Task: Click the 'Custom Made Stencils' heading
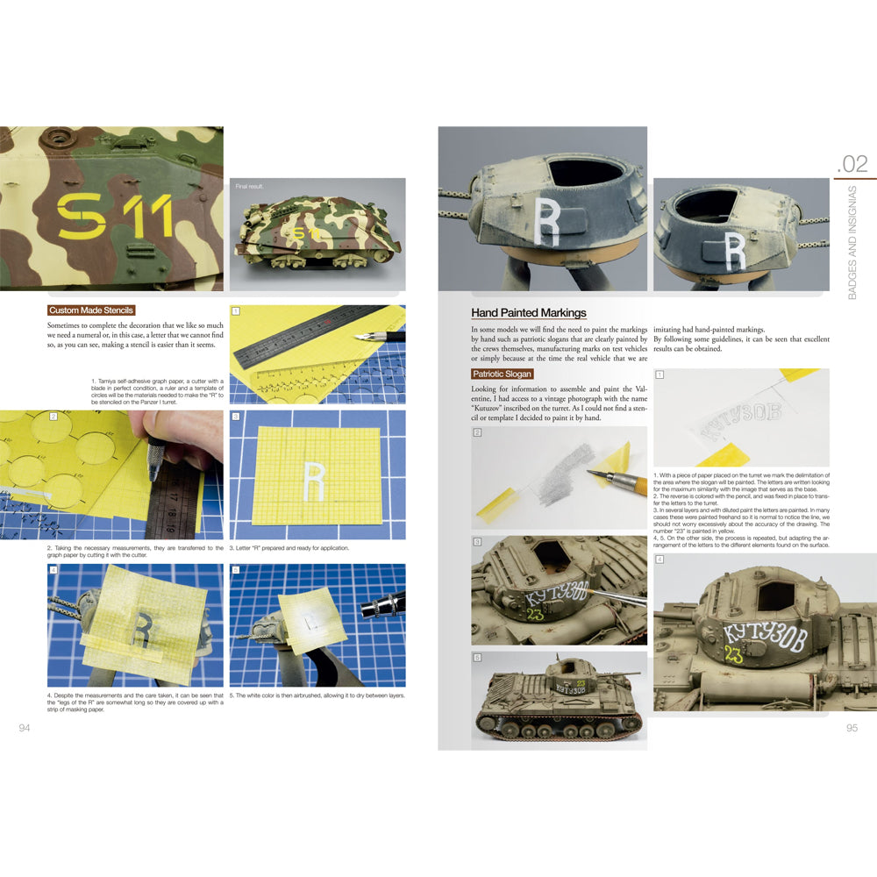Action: coord(91,310)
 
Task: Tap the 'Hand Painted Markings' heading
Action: coord(529,312)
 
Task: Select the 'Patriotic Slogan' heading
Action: coord(503,374)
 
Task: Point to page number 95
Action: coord(852,728)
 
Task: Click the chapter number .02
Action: coord(852,163)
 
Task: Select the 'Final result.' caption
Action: coord(251,187)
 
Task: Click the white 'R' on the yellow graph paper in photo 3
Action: coord(314,479)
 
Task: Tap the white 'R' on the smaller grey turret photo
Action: coord(736,251)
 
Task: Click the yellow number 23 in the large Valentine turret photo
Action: coord(732,654)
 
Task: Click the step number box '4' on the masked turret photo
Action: coord(53,570)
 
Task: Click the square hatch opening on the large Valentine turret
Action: coord(774,595)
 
